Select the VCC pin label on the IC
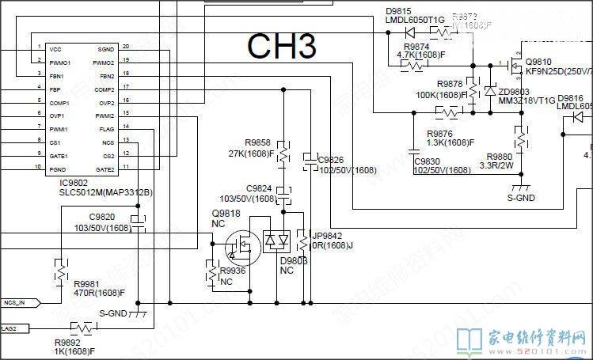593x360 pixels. click(x=55, y=49)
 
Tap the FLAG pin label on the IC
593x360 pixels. click(x=107, y=129)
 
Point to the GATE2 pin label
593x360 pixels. click(x=105, y=169)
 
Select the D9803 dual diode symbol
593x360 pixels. click(x=277, y=240)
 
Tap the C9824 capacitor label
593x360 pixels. click(x=259, y=188)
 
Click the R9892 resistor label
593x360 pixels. click(x=67, y=342)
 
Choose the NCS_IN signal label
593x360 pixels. click(x=20, y=302)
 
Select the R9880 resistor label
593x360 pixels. click(x=499, y=157)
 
